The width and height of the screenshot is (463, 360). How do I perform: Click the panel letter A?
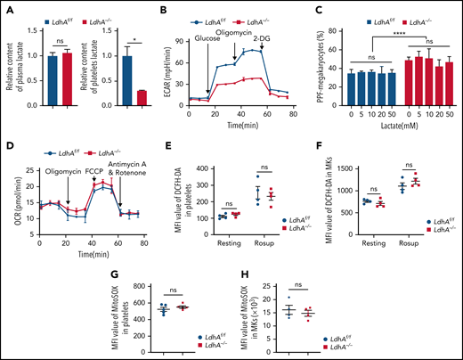pos(7,9)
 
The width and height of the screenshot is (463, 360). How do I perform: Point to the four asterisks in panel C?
pos(398,31)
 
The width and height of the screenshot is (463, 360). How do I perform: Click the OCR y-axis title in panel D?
pos(9,205)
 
